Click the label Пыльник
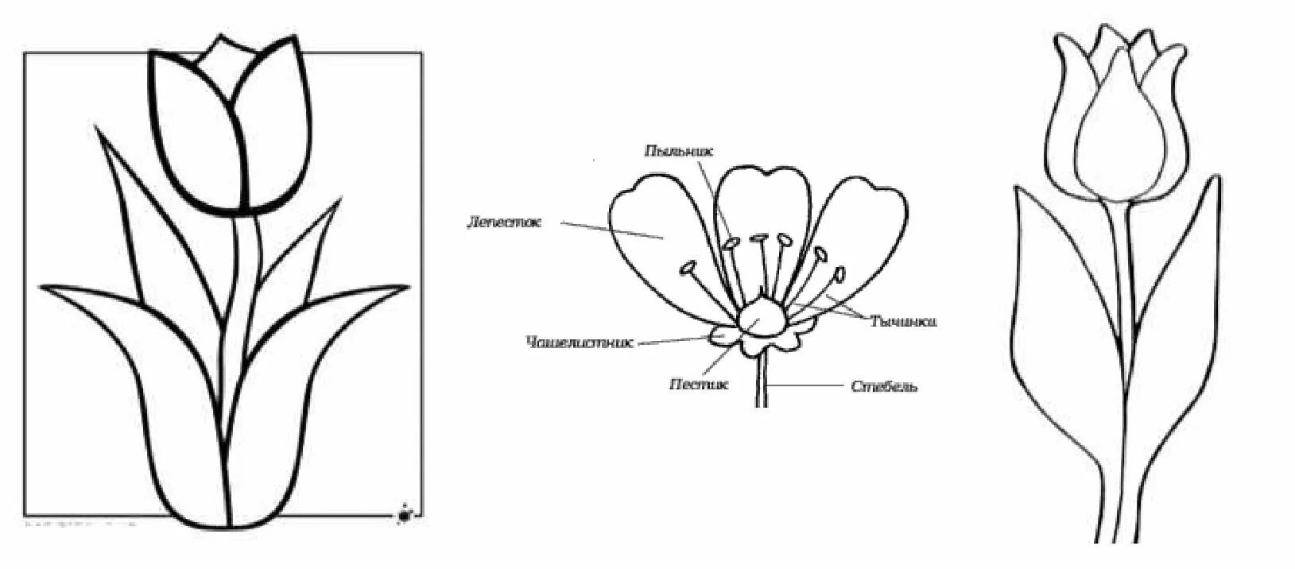coord(673,150)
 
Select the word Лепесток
coord(503,223)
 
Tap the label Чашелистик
coord(580,343)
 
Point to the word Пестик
coord(699,384)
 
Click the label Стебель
coord(884,387)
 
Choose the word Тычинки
coord(903,322)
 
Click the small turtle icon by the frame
coord(406,515)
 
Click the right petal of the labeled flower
coord(863,230)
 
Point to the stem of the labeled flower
coord(762,381)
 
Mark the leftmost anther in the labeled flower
coord(688,268)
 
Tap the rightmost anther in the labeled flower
coord(838,274)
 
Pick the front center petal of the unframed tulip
coord(1119,143)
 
